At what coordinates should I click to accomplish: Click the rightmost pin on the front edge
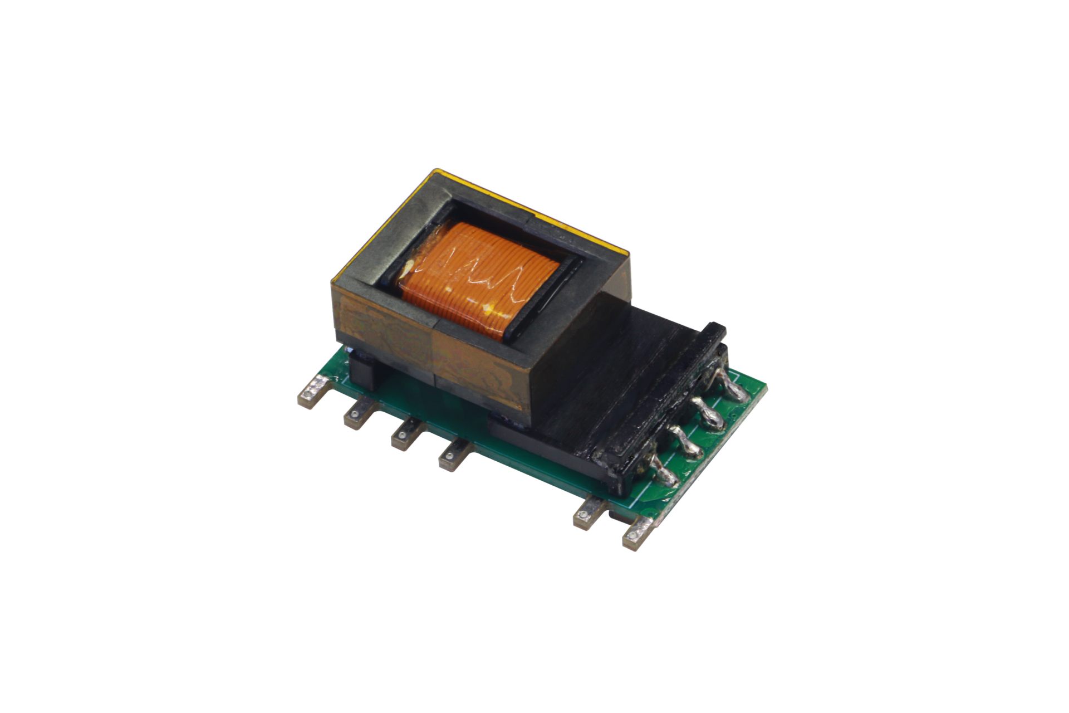click(x=638, y=532)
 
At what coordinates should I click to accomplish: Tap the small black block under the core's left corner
click(x=365, y=373)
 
